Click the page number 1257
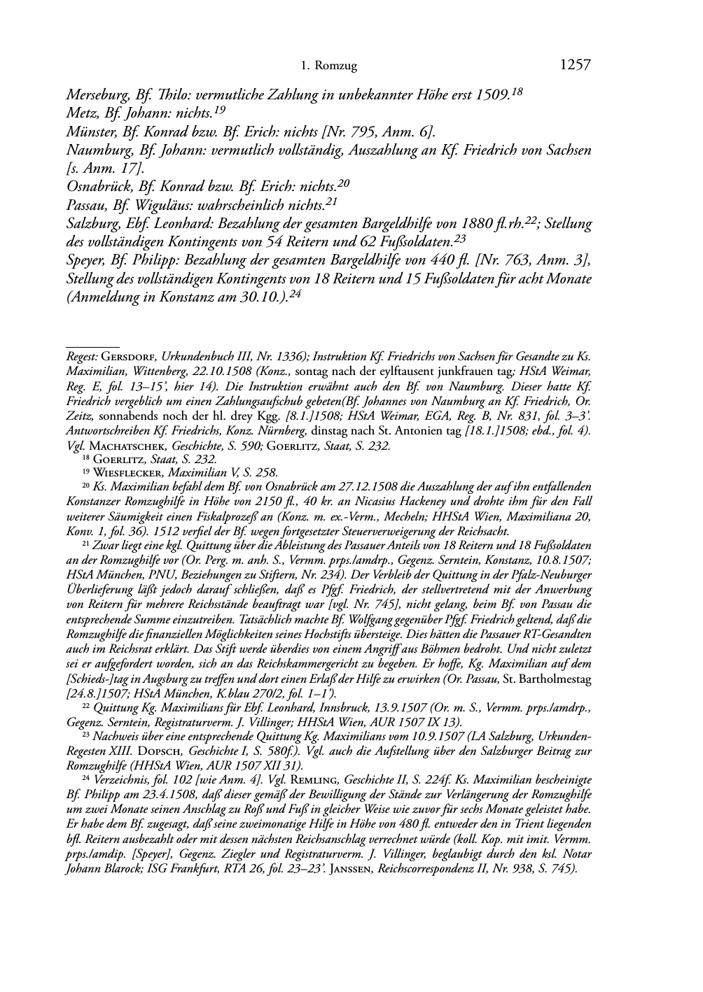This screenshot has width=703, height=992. click(x=576, y=65)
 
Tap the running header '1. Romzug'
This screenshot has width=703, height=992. click(x=328, y=66)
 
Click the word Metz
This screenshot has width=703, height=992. click(x=81, y=112)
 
